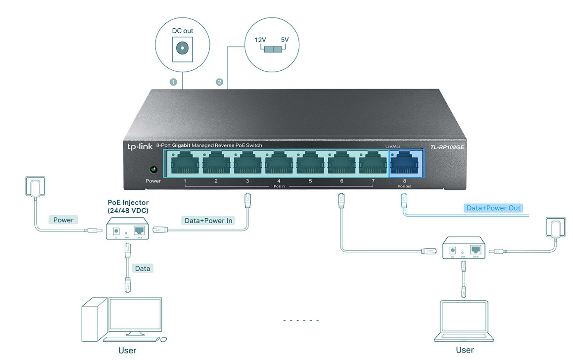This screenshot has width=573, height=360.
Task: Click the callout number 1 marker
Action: [x=174, y=82]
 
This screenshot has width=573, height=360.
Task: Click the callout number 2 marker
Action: [x=219, y=82]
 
